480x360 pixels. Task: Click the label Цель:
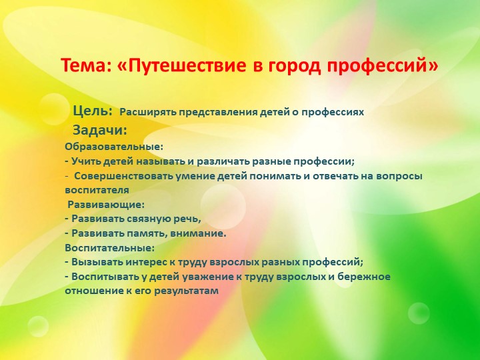point(92,111)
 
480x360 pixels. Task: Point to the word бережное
point(363,276)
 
